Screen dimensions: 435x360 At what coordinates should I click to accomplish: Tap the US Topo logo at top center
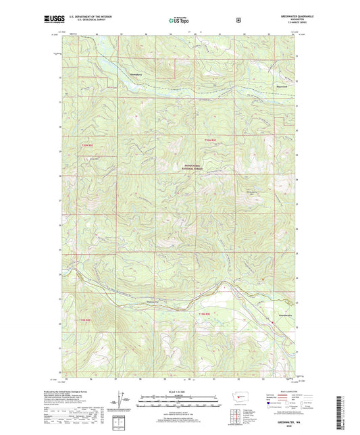[x=179, y=21]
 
